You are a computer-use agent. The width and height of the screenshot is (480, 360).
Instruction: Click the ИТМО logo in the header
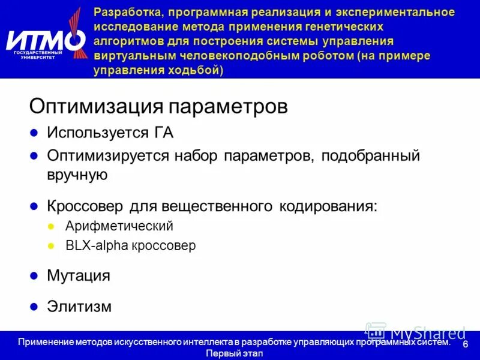pyautogui.click(x=47, y=41)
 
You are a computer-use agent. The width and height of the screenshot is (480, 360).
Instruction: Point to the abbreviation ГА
pyautogui.click(x=163, y=132)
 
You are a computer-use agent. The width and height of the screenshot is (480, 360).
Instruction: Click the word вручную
pyautogui.click(x=77, y=175)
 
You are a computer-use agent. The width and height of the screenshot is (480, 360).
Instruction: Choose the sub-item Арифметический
pyautogui.click(x=119, y=226)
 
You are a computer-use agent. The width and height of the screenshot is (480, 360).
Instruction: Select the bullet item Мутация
pyautogui.click(x=79, y=275)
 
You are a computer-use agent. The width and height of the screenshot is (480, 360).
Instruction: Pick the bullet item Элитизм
pyautogui.click(x=79, y=306)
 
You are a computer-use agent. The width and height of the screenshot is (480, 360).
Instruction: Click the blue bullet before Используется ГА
pyautogui.click(x=34, y=133)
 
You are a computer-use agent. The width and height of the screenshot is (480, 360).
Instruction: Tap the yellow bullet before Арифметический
pyautogui.click(x=51, y=227)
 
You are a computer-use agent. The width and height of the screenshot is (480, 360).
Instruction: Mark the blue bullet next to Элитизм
pyautogui.click(x=34, y=307)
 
